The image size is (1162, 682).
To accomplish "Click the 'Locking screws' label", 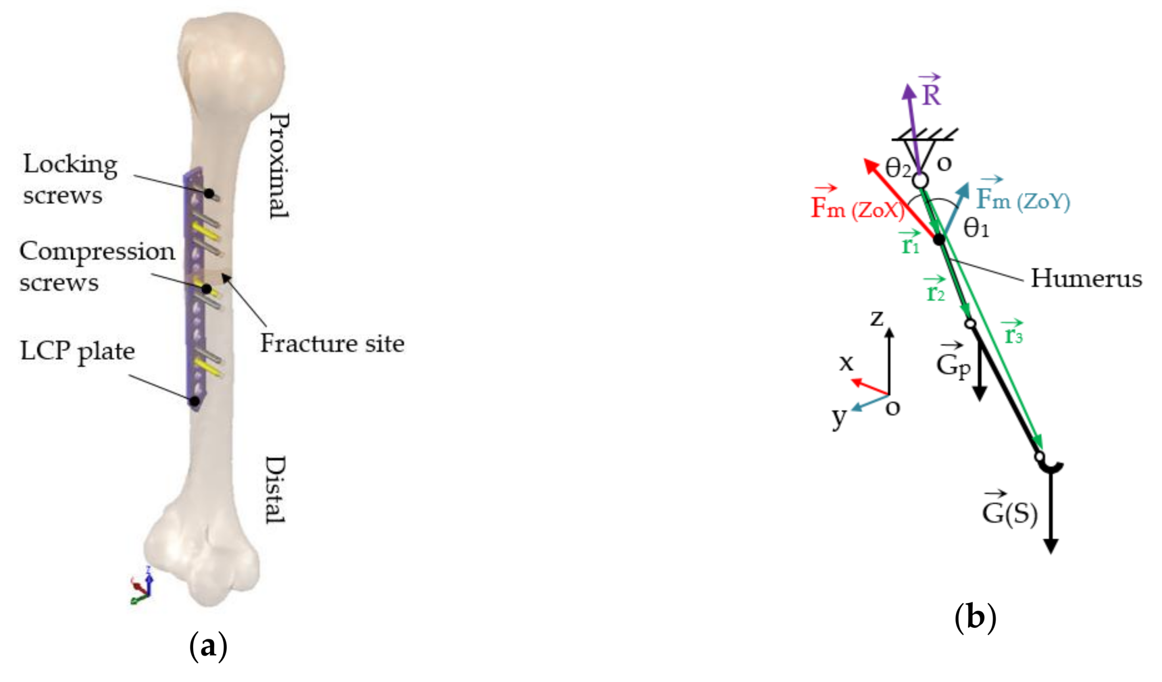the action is pyautogui.click(x=70, y=179).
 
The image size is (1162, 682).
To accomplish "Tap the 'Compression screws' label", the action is pyautogui.click(x=97, y=266).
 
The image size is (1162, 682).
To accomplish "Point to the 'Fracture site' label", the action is pyautogui.click(x=332, y=344).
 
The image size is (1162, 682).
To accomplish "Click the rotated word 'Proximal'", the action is pyautogui.click(x=278, y=166).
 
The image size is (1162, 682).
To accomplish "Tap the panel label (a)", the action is pyautogui.click(x=209, y=646).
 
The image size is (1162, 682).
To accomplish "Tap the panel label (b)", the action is pyautogui.click(x=975, y=617).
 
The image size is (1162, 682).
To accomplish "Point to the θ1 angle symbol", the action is pyautogui.click(x=976, y=228).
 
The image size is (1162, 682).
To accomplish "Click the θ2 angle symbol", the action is pyautogui.click(x=898, y=168).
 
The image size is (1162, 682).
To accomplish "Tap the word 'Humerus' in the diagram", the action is pyautogui.click(x=1086, y=279).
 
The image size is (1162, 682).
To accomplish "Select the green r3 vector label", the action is pyautogui.click(x=1013, y=334).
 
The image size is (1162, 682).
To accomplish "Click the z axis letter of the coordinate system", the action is pyautogui.click(x=877, y=318).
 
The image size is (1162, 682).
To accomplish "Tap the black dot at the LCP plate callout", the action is pyautogui.click(x=195, y=401).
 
